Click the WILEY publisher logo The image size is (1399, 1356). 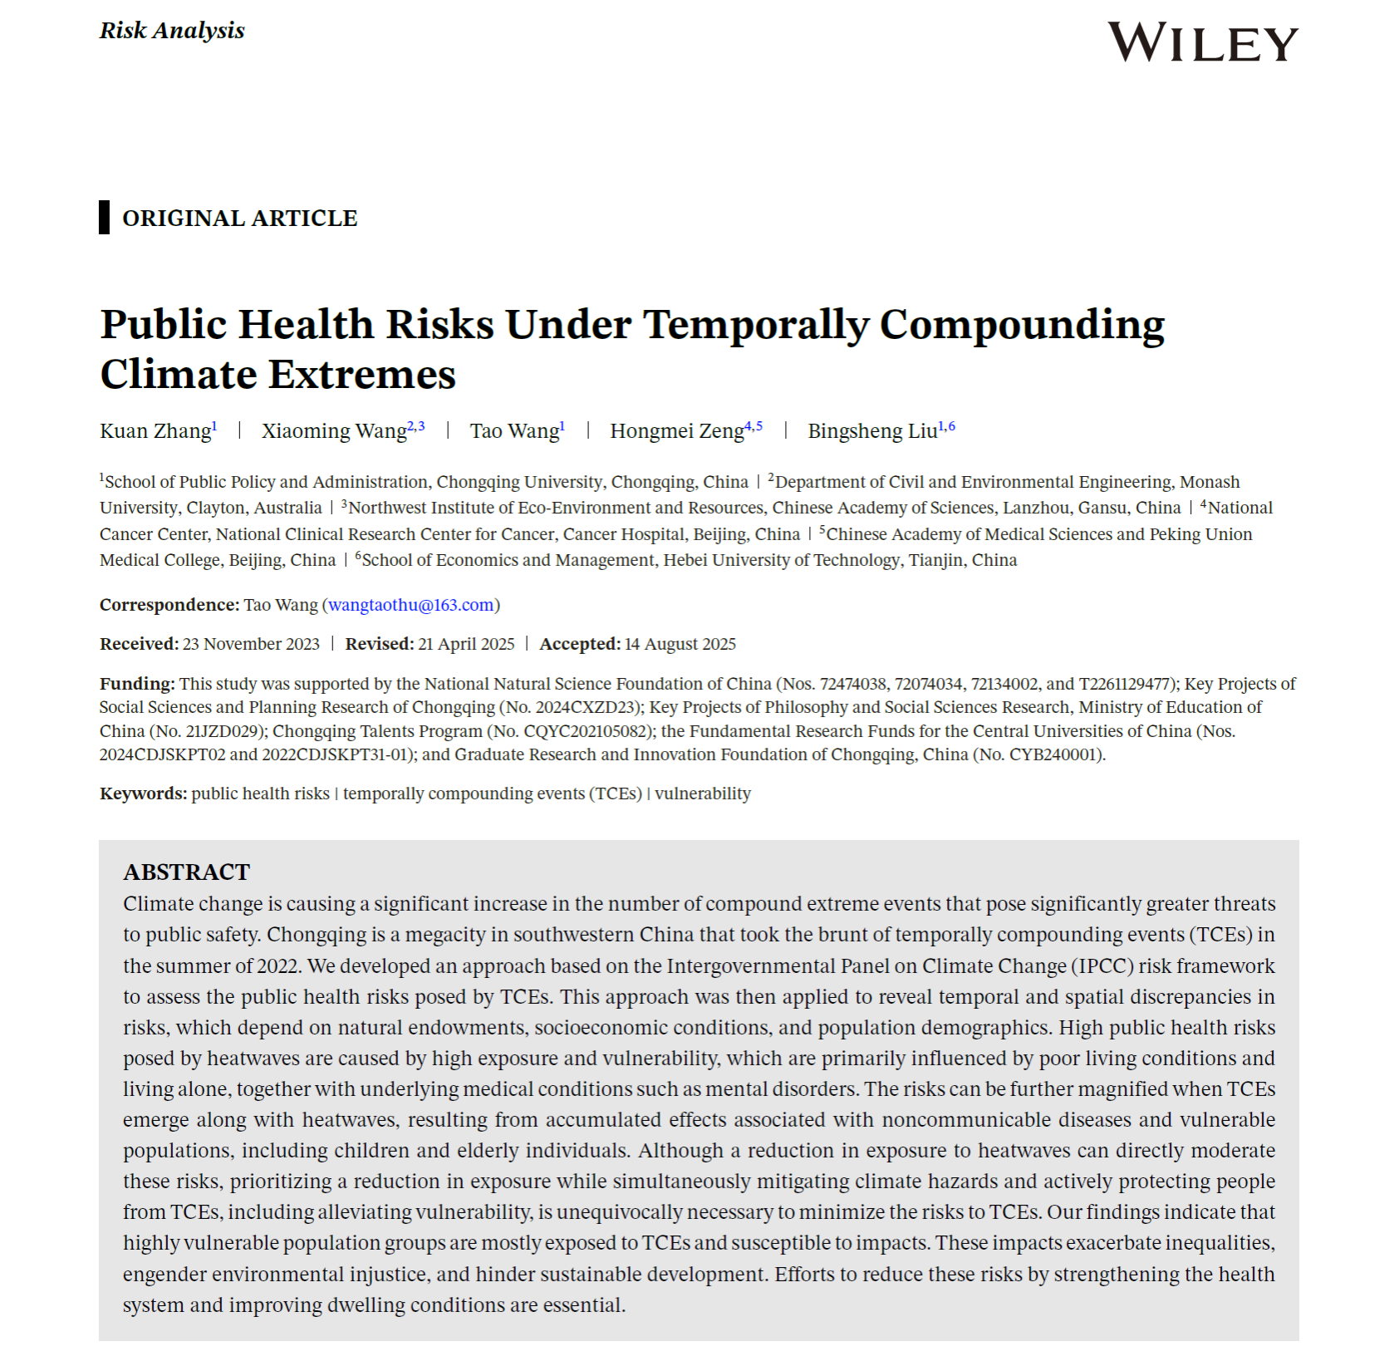pos(1202,42)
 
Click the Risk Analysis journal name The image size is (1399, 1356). pos(172,31)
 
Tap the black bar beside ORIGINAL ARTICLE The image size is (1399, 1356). pos(104,217)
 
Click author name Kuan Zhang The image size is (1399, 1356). pos(155,431)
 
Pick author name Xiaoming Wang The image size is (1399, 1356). pos(334,431)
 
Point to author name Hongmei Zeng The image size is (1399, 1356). pos(676,431)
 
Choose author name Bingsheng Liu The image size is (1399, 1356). pos(872,431)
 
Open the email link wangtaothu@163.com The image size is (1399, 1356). pos(411,605)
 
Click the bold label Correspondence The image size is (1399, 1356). pos(169,605)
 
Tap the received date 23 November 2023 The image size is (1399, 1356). pos(251,644)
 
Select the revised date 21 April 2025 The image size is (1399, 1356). pos(466,644)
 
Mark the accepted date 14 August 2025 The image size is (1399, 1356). pos(680,644)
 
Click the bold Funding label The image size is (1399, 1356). pos(137,684)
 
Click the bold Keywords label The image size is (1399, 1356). pos(143,793)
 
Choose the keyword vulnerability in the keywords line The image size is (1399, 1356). pos(703,793)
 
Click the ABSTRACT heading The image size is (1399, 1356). pos(186,872)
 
